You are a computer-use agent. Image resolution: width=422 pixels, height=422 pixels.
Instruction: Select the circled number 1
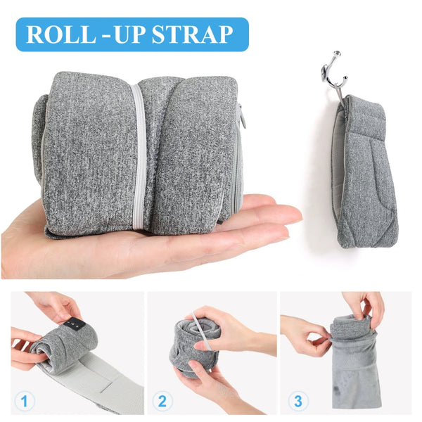(25, 402)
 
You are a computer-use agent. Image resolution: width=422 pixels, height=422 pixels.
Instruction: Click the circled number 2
(162, 402)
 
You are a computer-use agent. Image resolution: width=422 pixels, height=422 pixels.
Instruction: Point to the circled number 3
(298, 402)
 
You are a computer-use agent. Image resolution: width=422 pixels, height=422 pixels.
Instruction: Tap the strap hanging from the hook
(366, 176)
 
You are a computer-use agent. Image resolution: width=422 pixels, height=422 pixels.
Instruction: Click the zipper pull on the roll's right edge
(243, 116)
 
